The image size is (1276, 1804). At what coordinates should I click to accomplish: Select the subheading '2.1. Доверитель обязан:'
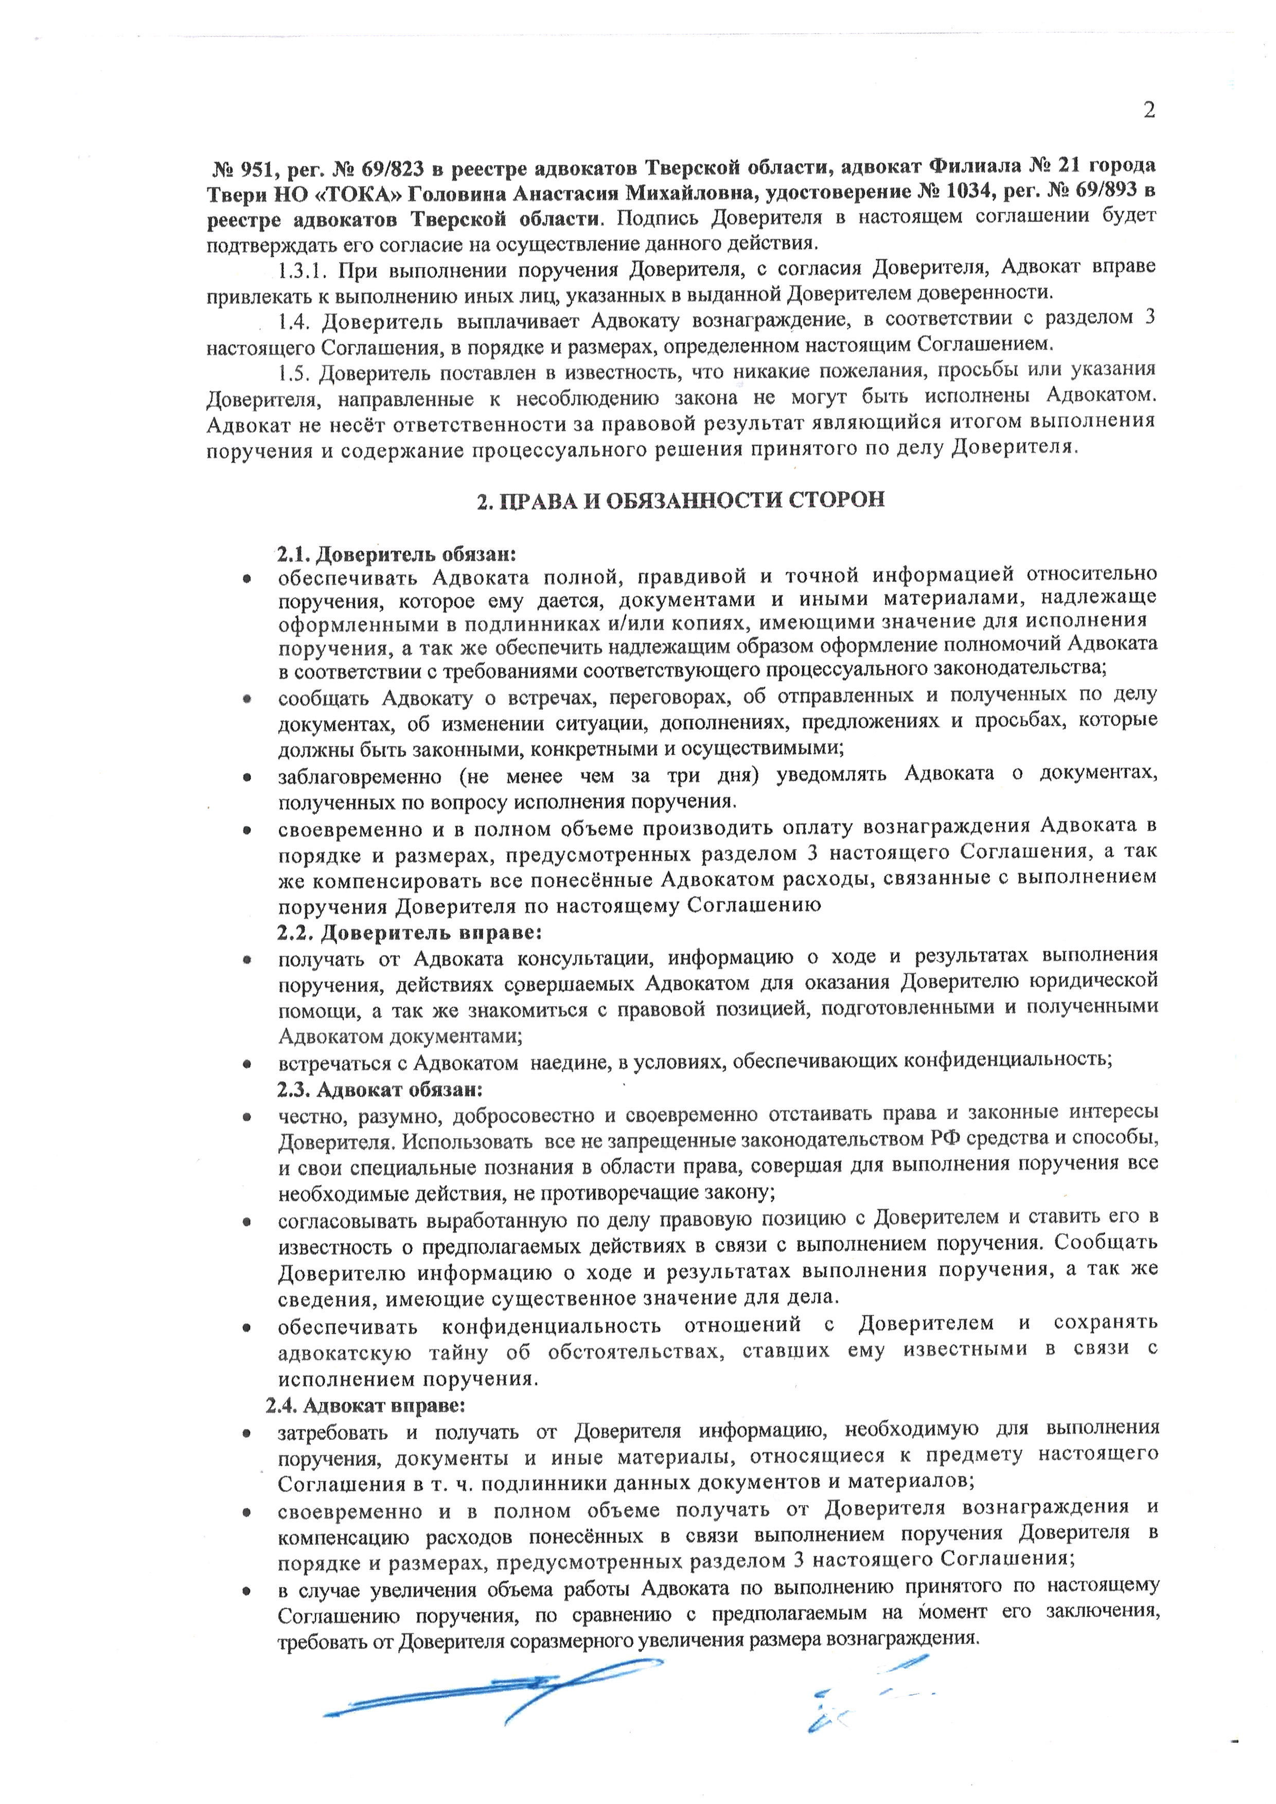[x=395, y=554]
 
